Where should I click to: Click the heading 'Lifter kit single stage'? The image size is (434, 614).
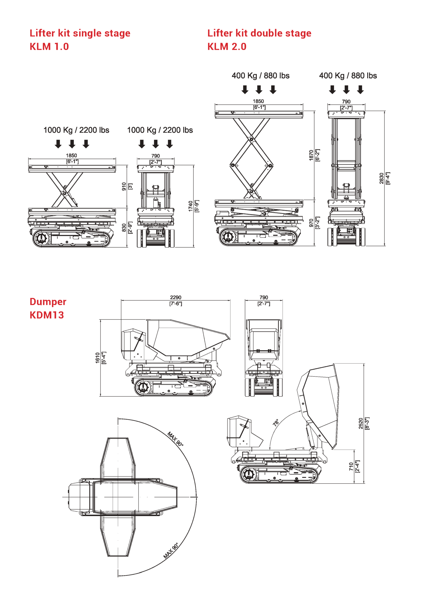80,33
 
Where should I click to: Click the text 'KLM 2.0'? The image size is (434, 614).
227,47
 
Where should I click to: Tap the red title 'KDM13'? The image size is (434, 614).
47,315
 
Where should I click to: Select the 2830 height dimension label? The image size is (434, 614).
381,178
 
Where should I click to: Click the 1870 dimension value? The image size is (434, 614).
311,155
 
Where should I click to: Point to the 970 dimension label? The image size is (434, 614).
311,223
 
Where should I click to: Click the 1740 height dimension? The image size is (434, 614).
190,206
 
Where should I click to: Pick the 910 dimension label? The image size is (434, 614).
124,186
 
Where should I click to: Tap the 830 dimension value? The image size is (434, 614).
124,228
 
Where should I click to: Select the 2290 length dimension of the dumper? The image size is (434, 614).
176,297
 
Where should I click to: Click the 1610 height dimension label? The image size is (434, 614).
97,358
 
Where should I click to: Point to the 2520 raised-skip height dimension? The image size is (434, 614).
361,423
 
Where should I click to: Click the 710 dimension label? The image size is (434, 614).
351,466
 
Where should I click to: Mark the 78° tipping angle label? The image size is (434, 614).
276,422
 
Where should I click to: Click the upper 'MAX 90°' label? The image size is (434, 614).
175,439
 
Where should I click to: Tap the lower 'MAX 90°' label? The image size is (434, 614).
171,551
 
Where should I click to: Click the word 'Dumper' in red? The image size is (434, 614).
48,302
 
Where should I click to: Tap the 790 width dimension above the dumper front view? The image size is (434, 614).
264,297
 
